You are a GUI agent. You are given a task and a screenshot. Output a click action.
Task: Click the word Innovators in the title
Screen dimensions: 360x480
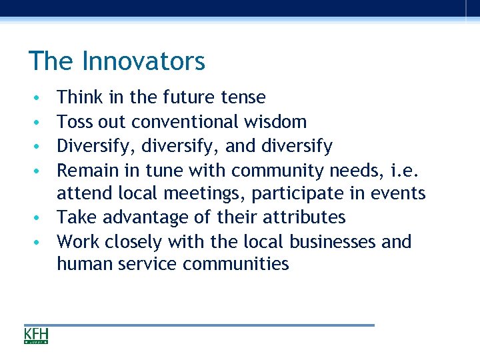[143, 61]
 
